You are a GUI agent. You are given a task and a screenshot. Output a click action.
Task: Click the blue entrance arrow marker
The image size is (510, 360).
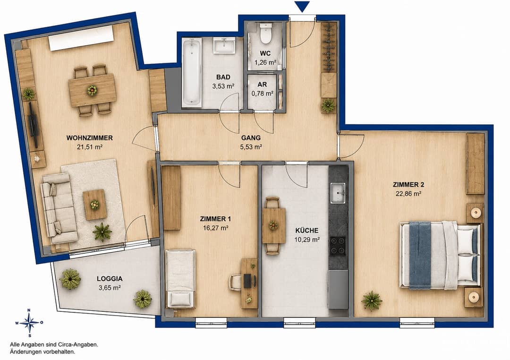[302, 7]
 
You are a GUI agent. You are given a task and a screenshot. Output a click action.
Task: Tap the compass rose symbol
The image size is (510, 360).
[29, 323]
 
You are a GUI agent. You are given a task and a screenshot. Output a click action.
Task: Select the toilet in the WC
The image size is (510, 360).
[266, 33]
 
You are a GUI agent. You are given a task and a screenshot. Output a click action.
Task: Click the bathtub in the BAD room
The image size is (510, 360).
[192, 72]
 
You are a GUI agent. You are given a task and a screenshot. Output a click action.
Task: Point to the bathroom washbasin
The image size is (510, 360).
[224, 45]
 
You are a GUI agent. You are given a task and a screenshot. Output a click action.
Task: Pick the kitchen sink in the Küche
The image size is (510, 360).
[338, 193]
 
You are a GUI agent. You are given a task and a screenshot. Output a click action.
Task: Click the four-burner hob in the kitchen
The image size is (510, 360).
[338, 246]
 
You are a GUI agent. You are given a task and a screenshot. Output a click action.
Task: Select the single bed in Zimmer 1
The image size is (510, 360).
[180, 279]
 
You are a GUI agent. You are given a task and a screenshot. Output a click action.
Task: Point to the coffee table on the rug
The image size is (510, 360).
[94, 205]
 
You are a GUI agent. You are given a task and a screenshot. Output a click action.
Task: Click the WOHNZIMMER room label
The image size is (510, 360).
[89, 137]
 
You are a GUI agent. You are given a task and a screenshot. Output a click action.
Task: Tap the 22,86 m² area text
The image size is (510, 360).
[408, 194]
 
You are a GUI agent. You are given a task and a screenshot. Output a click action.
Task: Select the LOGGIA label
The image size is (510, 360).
[110, 279]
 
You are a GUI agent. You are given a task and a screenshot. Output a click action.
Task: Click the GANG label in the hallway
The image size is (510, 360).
[251, 137]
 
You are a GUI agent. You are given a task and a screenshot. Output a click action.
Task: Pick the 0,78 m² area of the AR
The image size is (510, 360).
[262, 94]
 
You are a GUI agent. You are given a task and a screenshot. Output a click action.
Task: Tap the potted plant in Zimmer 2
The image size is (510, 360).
[372, 300]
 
